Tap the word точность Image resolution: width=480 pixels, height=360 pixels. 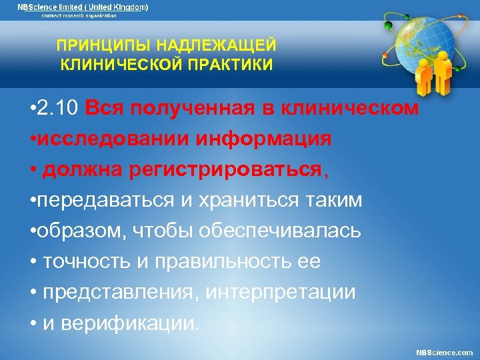(82, 262)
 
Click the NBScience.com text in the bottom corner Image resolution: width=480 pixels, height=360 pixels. (445, 352)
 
